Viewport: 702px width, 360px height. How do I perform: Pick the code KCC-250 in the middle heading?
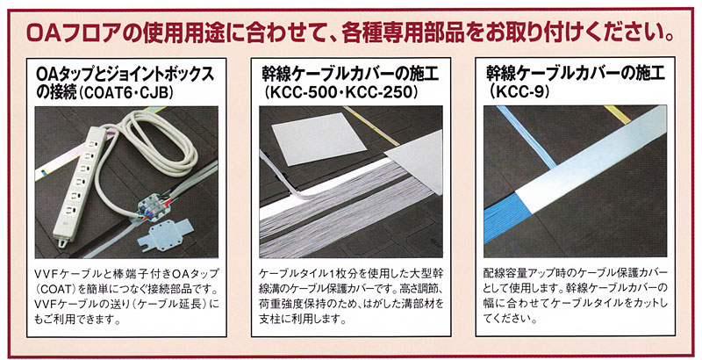pos(378,91)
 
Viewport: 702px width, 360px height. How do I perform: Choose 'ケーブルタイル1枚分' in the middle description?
pos(317,273)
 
